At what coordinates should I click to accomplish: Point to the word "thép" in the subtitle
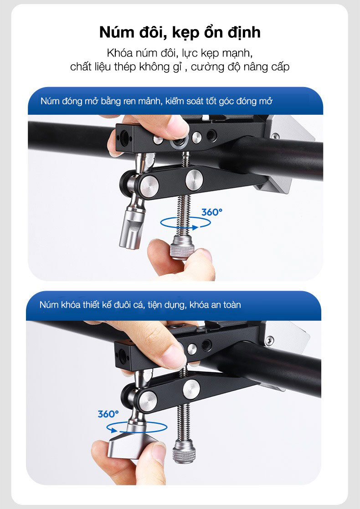point(126,67)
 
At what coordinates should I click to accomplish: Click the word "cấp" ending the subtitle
point(280,67)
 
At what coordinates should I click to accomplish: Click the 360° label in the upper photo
point(212,212)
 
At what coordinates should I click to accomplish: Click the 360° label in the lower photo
point(108,414)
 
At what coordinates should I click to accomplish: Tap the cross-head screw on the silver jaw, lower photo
point(269,340)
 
